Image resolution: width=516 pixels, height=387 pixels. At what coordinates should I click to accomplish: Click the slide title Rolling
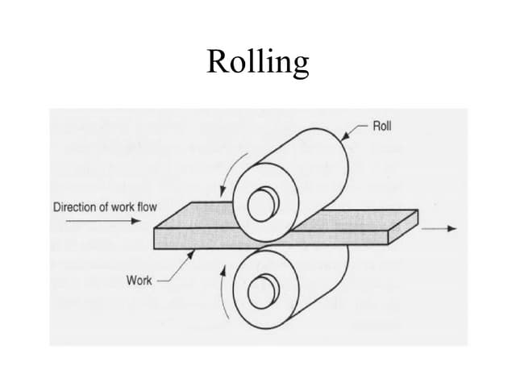pos(257,61)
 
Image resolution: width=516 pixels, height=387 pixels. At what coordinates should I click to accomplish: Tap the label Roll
pos(383,127)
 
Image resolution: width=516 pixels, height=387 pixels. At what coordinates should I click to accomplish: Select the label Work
pos(138,280)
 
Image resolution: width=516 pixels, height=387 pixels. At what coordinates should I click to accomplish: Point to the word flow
pos(147,207)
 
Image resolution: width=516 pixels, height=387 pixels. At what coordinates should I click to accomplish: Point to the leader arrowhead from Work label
pos(191,251)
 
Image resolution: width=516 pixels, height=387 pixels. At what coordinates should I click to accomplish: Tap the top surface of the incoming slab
pos(193,217)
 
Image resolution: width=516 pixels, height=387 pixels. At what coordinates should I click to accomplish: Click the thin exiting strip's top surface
pos(363,218)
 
